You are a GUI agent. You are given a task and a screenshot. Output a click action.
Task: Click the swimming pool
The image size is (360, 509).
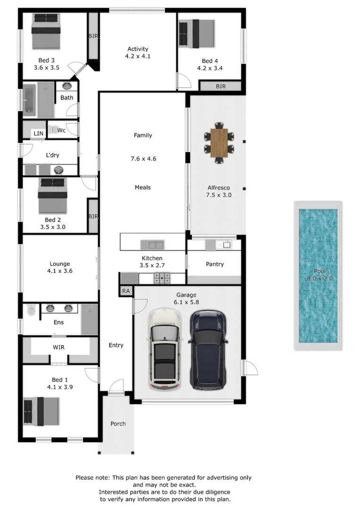coord(318,276)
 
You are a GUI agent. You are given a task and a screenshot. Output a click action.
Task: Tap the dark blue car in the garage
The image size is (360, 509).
coord(208,349)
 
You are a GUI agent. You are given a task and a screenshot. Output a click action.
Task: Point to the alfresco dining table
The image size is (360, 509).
coord(219,143)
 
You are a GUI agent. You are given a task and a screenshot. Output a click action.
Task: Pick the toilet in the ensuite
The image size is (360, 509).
coord(32,310)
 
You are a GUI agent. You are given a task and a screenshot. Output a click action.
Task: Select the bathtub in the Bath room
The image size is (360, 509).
coord(29,100)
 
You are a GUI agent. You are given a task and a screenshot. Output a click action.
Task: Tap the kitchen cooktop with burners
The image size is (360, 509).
coord(162,278)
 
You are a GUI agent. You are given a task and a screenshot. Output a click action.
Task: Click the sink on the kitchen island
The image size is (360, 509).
coord(152,245)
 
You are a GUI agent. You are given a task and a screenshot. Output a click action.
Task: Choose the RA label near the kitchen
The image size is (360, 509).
coord(126,291)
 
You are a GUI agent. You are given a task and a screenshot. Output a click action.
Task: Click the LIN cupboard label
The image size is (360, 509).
coord(38,134)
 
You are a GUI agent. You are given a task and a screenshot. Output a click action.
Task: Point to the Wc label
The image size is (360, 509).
coord(61,130)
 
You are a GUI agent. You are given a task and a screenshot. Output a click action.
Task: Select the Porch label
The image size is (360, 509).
coord(118,424)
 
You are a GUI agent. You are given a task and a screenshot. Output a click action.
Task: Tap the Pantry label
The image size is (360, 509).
coord(215,264)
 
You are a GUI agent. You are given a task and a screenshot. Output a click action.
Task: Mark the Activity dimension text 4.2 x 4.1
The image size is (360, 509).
coord(138,56)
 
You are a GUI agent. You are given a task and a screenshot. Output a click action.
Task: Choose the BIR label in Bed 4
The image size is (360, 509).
coord(221,86)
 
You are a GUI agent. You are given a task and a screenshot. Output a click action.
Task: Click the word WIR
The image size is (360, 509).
coord(58,347)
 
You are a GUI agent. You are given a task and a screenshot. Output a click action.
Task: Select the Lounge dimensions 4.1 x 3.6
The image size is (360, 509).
coord(60,271)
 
